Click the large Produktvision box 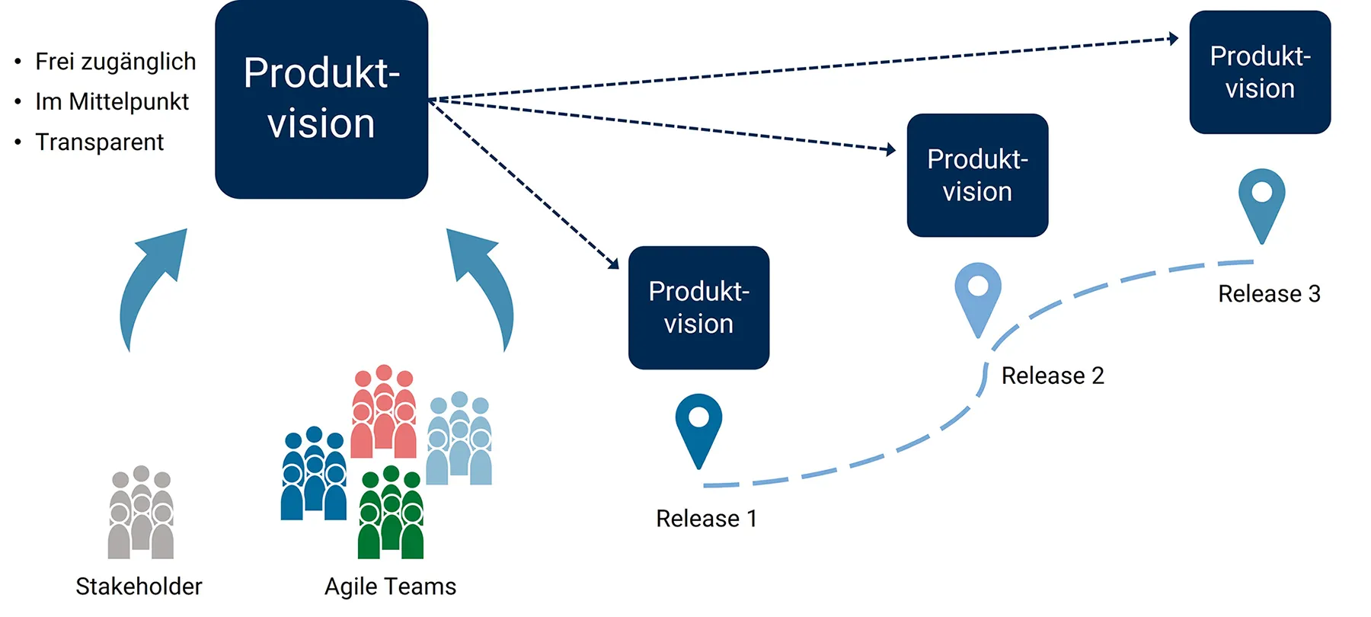(x=321, y=99)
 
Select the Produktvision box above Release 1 (x=698, y=308)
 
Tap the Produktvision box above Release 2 (x=977, y=175)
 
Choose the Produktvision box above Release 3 (x=1260, y=72)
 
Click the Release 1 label (x=706, y=519)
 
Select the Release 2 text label (x=1052, y=376)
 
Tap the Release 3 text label (x=1269, y=294)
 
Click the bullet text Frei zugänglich (x=115, y=62)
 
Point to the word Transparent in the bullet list (x=99, y=142)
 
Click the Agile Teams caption (x=390, y=587)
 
